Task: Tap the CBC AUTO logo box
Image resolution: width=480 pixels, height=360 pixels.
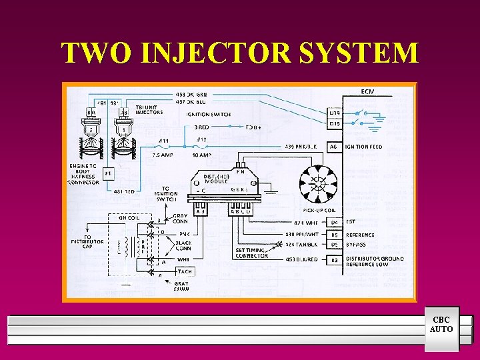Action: point(441,325)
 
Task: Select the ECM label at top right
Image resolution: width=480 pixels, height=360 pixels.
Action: point(367,91)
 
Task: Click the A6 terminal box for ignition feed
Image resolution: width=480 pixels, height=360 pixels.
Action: point(333,147)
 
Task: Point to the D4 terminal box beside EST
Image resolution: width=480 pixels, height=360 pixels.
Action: point(336,222)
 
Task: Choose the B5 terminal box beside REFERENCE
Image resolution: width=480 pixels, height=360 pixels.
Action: point(336,235)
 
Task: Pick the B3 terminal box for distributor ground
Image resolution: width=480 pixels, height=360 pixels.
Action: point(336,259)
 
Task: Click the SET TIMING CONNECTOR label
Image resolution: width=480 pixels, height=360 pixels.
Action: point(252,253)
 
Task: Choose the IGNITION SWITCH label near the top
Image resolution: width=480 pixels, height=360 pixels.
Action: point(209,114)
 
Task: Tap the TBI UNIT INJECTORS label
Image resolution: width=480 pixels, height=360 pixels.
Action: point(149,109)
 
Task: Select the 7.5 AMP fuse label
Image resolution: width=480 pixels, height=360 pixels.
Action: point(163,155)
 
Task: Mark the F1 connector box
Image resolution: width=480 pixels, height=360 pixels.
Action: point(108,173)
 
